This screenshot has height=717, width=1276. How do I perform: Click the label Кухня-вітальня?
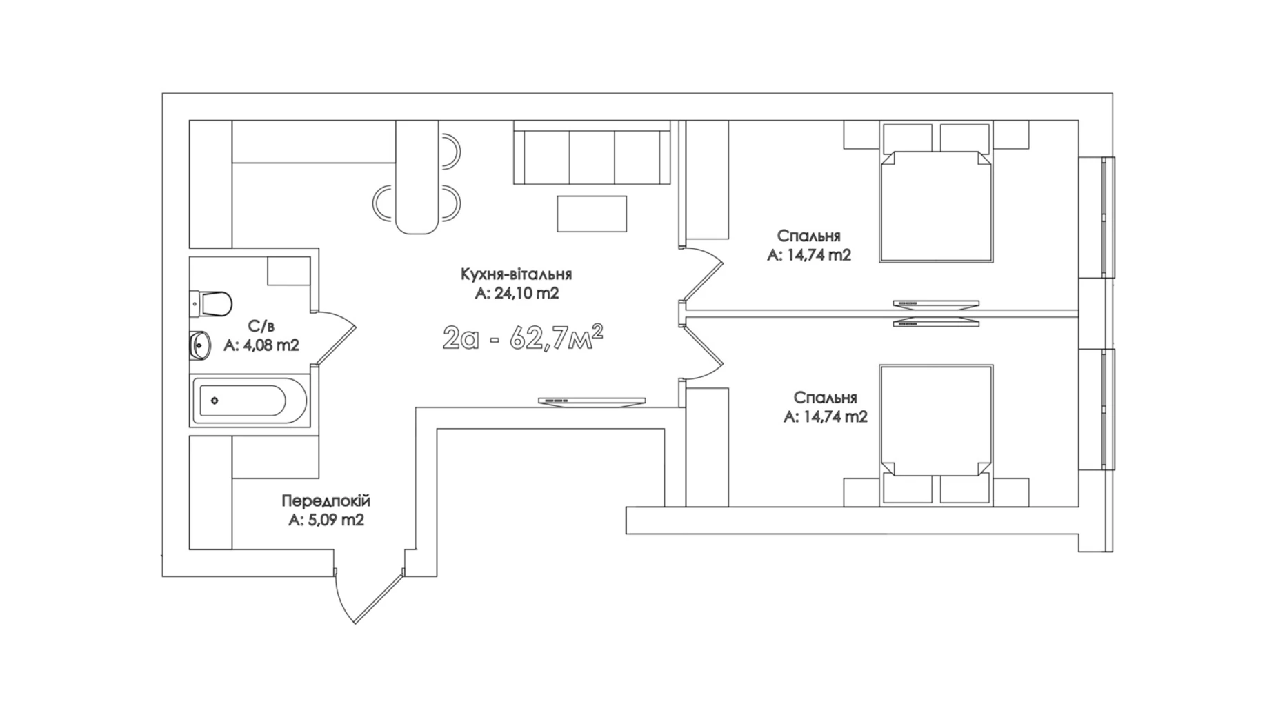516,274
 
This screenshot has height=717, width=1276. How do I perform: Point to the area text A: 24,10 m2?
517,294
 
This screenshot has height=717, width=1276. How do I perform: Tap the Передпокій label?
326,501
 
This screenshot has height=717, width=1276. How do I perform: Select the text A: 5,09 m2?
326,520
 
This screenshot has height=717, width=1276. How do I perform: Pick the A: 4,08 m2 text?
261,345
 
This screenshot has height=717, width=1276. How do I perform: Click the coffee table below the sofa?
592,214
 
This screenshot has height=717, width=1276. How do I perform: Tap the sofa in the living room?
592,152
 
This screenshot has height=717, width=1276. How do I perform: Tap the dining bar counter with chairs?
417,177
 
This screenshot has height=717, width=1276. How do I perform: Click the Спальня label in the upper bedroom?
808,236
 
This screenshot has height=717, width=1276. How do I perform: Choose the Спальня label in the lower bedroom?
825,398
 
